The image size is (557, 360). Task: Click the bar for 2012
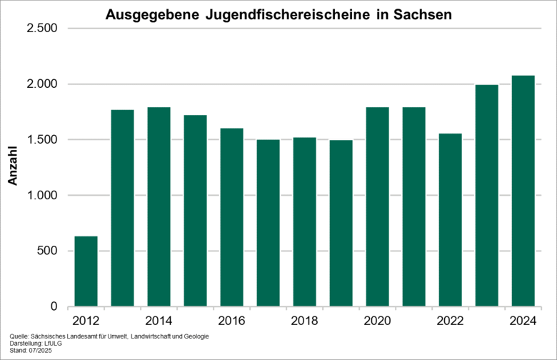pyautogui.click(x=86, y=271)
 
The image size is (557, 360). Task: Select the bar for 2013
pyautogui.click(x=122, y=208)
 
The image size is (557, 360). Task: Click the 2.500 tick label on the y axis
pyautogui.click(x=42, y=29)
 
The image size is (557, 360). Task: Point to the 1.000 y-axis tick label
pyautogui.click(x=42, y=196)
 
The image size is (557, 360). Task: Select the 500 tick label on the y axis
pyautogui.click(x=47, y=251)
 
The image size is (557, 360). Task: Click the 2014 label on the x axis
pyautogui.click(x=159, y=321)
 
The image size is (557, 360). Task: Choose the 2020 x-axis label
pyautogui.click(x=377, y=321)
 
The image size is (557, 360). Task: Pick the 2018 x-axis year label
pyautogui.click(x=304, y=321)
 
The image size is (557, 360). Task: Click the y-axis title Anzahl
pyautogui.click(x=12, y=168)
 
